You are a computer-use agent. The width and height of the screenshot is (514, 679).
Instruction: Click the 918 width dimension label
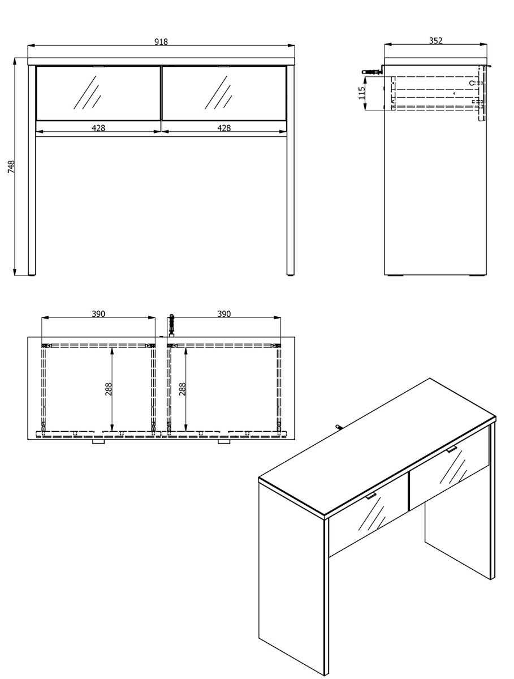pyautogui.click(x=161, y=41)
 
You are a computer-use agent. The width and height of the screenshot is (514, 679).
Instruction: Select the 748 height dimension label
pyautogui.click(x=11, y=166)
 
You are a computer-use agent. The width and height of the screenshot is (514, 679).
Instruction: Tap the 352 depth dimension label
pyautogui.click(x=436, y=41)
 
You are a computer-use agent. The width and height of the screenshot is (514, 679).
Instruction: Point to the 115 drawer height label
pyautogui.click(x=362, y=93)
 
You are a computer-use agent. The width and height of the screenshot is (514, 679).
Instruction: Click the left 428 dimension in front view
pyautogui.click(x=98, y=128)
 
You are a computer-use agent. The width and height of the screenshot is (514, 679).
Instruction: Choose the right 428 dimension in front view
pyautogui.click(x=224, y=128)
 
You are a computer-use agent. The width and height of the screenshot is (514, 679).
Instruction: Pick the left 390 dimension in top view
pyautogui.click(x=98, y=313)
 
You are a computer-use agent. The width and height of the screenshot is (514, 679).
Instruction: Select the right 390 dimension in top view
pyautogui.click(x=224, y=313)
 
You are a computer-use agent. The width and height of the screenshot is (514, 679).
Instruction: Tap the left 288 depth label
pyautogui.click(x=108, y=389)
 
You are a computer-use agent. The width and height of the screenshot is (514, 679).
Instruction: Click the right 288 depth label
pyautogui.click(x=182, y=389)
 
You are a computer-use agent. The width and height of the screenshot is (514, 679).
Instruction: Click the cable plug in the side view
pyautogui.click(x=372, y=72)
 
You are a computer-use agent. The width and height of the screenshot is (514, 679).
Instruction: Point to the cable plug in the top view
pyautogui.click(x=171, y=325)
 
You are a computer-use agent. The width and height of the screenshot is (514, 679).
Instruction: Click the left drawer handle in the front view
pyautogui.click(x=98, y=66)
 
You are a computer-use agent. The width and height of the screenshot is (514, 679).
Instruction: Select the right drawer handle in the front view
pyautogui.click(x=224, y=66)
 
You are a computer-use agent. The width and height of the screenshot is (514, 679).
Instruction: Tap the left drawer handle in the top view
pyautogui.click(x=98, y=442)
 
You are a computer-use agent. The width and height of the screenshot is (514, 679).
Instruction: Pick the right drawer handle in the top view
pyautogui.click(x=224, y=442)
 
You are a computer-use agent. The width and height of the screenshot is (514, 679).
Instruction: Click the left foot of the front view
pyautogui.click(x=32, y=274)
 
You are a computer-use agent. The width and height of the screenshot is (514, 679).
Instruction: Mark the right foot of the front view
pyautogui.click(x=290, y=274)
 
